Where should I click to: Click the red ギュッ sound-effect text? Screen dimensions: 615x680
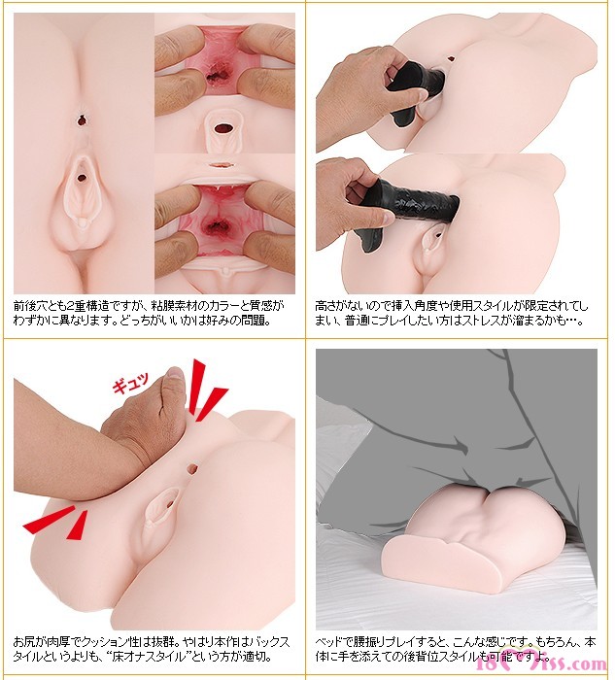[x=130, y=382]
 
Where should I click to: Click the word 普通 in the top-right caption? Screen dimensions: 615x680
[x=356, y=322]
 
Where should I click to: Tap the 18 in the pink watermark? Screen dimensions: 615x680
[x=485, y=663]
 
